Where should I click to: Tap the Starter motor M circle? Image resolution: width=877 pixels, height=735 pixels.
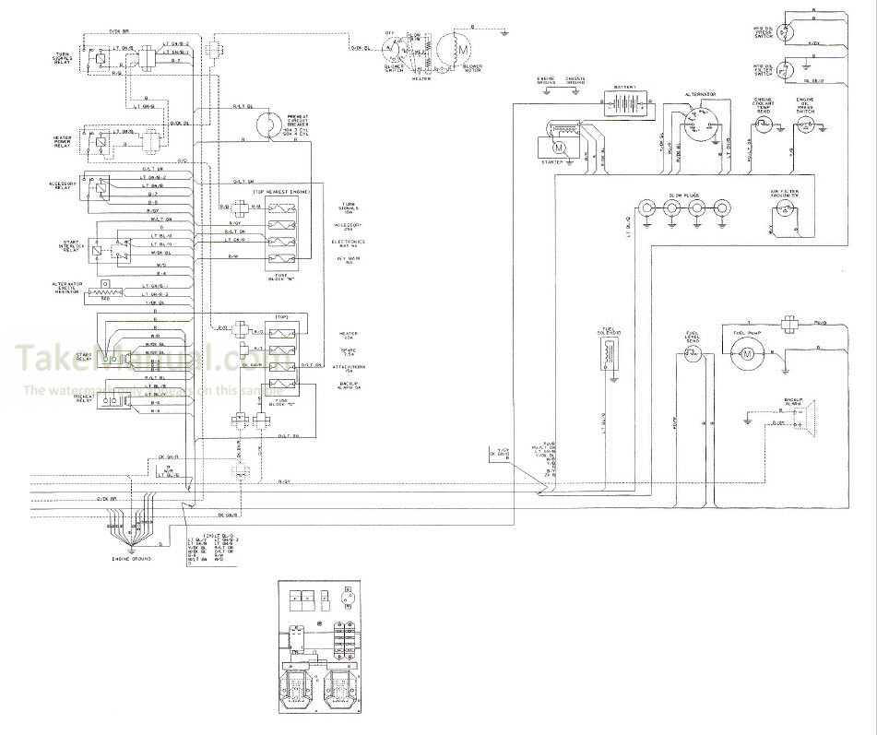(559, 145)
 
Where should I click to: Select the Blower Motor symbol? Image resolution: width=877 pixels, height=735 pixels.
(456, 45)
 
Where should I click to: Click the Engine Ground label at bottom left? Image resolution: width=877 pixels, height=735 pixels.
(131, 559)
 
